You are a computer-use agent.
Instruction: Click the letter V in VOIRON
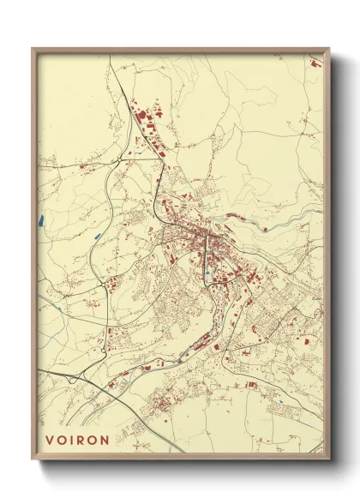[50, 440]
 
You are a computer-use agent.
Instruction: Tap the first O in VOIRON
[62, 440]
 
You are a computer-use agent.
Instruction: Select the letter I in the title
[72, 440]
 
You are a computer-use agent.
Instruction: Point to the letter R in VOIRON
[81, 440]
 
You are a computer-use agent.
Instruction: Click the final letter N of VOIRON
[105, 440]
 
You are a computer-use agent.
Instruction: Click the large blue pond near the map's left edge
[41, 219]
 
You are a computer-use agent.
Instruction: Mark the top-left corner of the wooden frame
[33, 49]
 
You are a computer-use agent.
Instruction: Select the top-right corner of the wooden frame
[329, 49]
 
